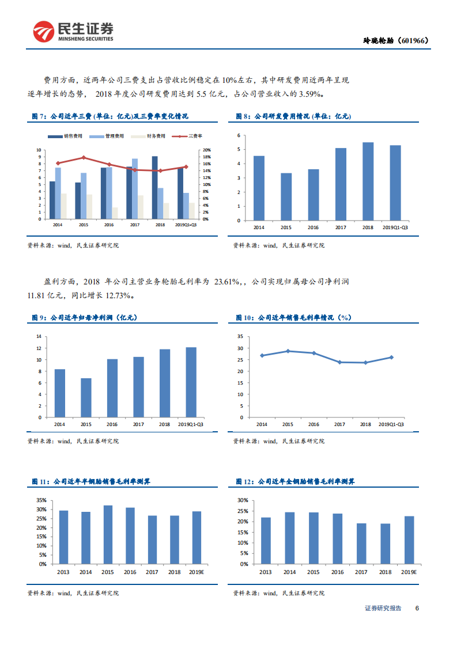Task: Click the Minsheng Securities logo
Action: coord(73,32)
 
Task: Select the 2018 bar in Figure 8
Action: coord(368,181)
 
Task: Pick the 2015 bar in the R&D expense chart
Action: coord(286,196)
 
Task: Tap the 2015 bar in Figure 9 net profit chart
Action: coord(86,397)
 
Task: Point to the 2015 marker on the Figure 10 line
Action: coord(288,351)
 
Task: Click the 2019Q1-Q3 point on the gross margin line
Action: coord(392,357)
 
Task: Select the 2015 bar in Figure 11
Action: coord(108,535)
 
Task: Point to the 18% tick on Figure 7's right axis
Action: coord(206,157)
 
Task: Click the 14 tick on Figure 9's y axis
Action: coord(39,336)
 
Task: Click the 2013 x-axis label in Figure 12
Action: coord(266,572)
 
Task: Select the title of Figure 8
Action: coord(294,116)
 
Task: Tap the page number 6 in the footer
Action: coord(417,608)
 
